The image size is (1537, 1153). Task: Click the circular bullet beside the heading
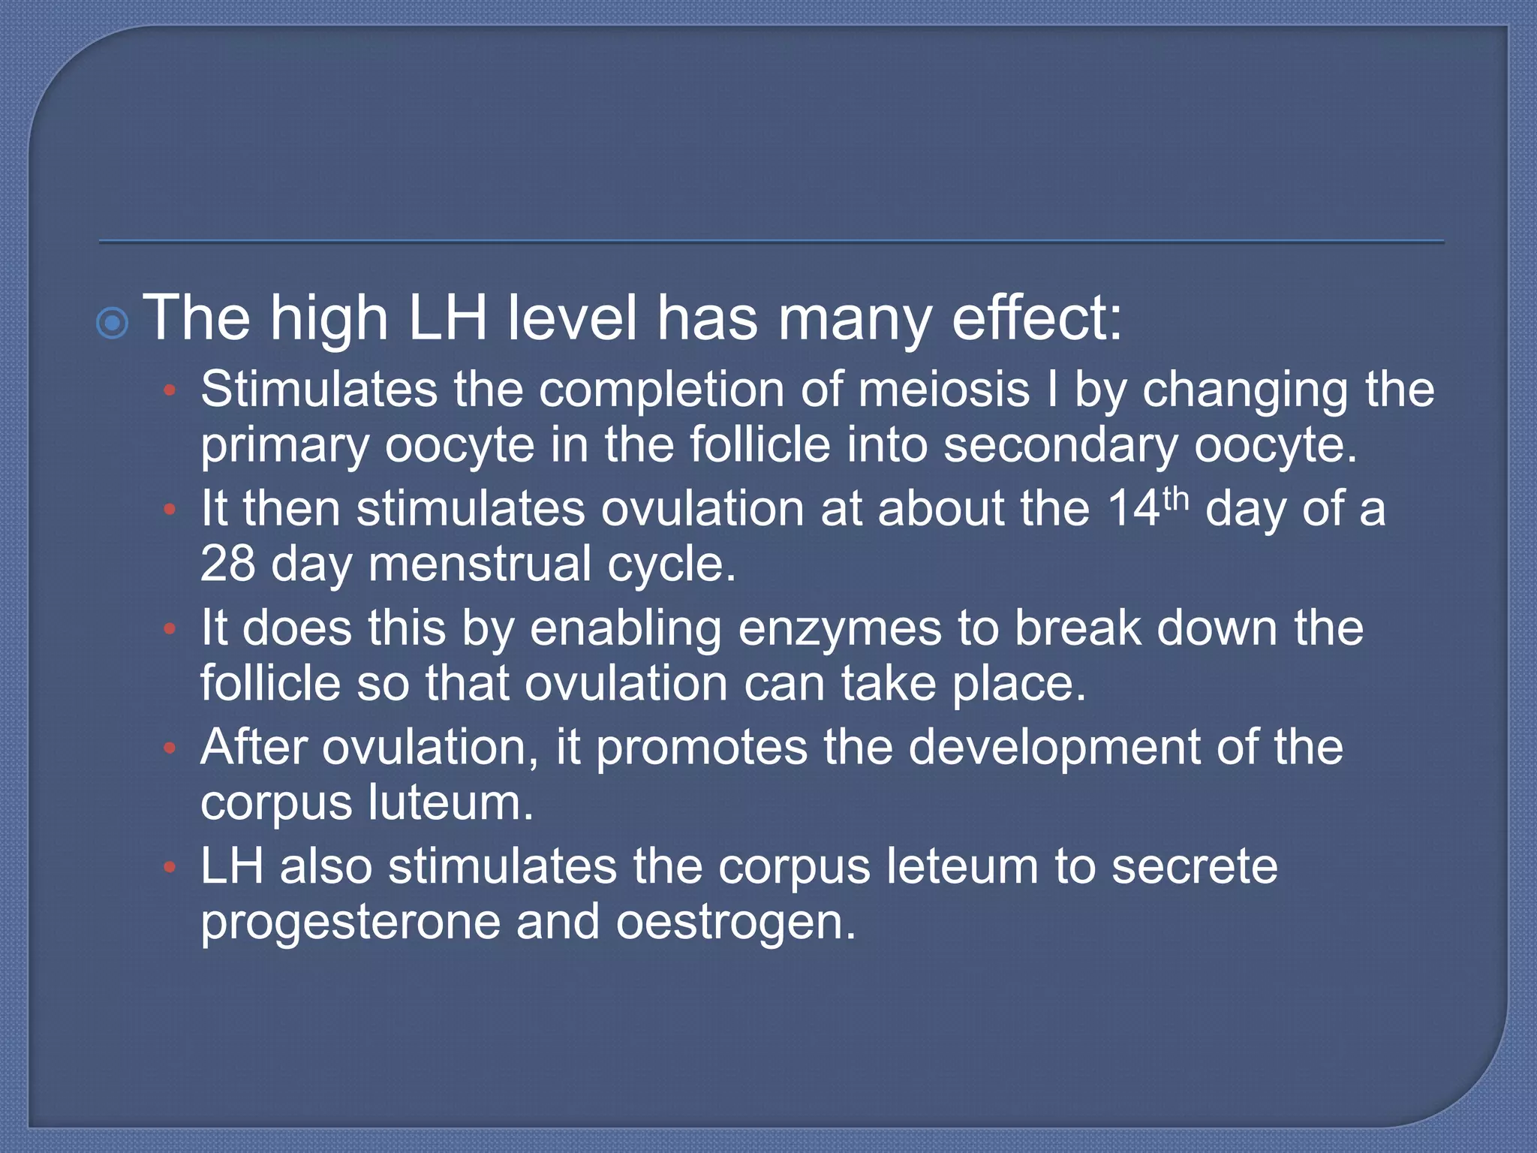click(x=113, y=324)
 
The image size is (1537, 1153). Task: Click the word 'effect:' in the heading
click(x=1037, y=318)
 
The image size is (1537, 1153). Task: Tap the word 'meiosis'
click(x=943, y=390)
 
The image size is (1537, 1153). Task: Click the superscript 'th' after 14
click(x=1175, y=499)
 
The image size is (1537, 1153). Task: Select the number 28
click(x=227, y=564)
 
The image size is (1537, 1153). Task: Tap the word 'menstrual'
click(x=480, y=564)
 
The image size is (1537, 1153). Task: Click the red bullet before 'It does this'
click(x=170, y=629)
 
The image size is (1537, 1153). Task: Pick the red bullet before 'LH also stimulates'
click(x=170, y=868)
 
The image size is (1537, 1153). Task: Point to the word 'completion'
click(x=661, y=391)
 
